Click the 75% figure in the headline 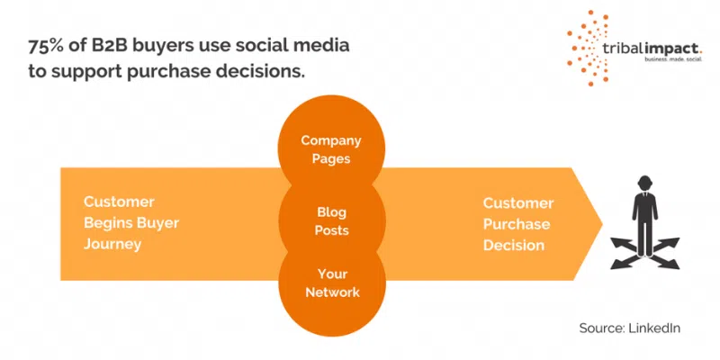(x=43, y=47)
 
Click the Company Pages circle (x=331, y=148)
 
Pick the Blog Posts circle (x=331, y=221)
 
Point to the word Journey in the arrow (x=112, y=244)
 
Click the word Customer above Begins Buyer (x=119, y=202)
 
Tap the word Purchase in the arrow (x=516, y=224)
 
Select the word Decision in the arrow (x=513, y=245)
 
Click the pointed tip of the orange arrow (x=602, y=224)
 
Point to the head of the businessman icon (x=644, y=184)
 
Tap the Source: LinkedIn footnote (x=629, y=328)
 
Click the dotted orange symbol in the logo (x=588, y=48)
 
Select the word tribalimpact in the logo (x=652, y=49)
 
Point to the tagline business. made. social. (x=673, y=59)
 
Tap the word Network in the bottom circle (x=332, y=292)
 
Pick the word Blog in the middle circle (x=331, y=212)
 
